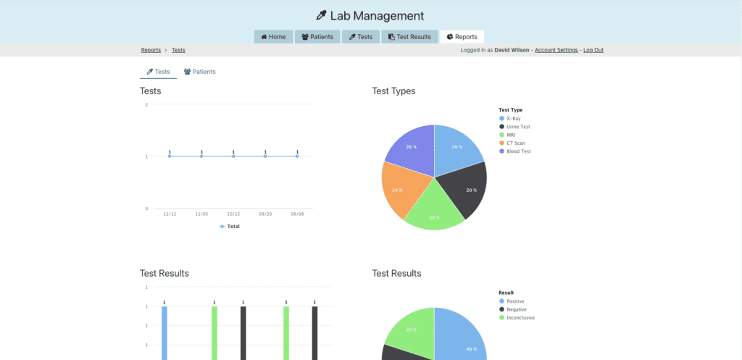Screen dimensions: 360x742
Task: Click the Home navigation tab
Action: tap(273, 37)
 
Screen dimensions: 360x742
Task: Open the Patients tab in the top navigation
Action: tap(317, 37)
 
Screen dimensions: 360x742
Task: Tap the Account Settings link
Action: tap(556, 50)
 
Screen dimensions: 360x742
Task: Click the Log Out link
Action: tap(593, 50)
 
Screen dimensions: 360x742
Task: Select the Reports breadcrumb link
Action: tap(151, 50)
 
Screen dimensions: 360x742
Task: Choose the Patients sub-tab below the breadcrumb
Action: tap(199, 72)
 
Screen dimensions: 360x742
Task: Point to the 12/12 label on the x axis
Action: tap(170, 214)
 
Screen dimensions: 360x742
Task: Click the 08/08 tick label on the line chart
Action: tap(297, 214)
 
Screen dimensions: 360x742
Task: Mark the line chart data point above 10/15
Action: tap(233, 156)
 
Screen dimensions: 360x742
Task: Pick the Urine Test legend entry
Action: tap(518, 127)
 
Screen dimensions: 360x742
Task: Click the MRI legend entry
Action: tap(511, 135)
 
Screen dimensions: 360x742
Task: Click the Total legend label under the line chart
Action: tap(233, 226)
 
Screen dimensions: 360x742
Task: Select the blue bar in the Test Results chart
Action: tap(164, 333)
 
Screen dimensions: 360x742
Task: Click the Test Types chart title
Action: tap(393, 91)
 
